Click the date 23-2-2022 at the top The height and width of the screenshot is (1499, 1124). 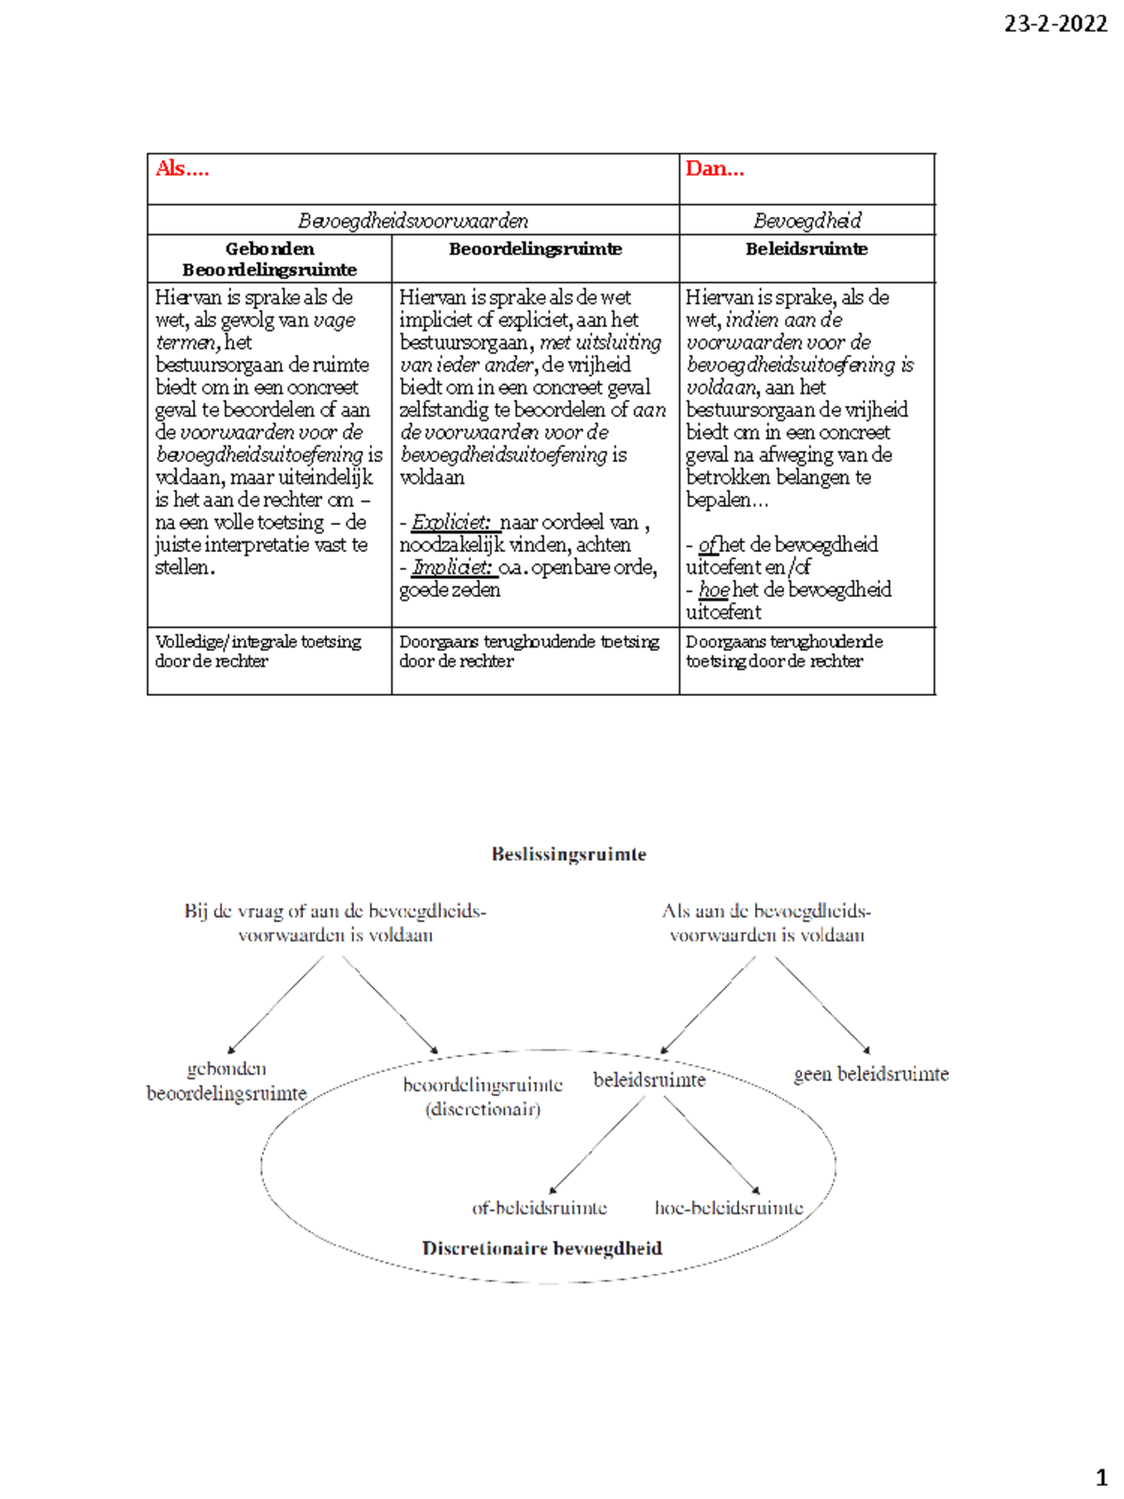tap(1055, 24)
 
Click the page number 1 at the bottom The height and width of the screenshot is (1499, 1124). tap(1102, 1478)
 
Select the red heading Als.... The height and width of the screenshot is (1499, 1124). tap(182, 169)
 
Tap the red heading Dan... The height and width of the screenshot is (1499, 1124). tap(714, 169)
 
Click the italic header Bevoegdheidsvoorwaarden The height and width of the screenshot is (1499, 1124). tap(413, 221)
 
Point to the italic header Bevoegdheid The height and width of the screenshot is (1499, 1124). tap(806, 221)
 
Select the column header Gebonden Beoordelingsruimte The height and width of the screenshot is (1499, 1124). tap(269, 260)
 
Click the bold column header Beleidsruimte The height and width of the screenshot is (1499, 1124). tap(806, 249)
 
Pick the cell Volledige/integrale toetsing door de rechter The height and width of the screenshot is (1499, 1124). tap(258, 651)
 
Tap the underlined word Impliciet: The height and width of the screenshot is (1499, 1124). tap(451, 568)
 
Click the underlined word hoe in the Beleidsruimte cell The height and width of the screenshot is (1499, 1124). tap(714, 590)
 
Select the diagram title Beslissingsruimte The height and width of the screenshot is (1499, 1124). tap(569, 854)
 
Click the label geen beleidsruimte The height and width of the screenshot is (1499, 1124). tap(871, 1075)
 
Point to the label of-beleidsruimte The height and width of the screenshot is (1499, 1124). tap(540, 1209)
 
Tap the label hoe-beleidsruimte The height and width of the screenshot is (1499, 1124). tap(729, 1209)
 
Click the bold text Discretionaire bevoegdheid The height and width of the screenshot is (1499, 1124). tap(541, 1249)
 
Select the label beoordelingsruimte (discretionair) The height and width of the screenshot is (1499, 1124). tap(482, 1097)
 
